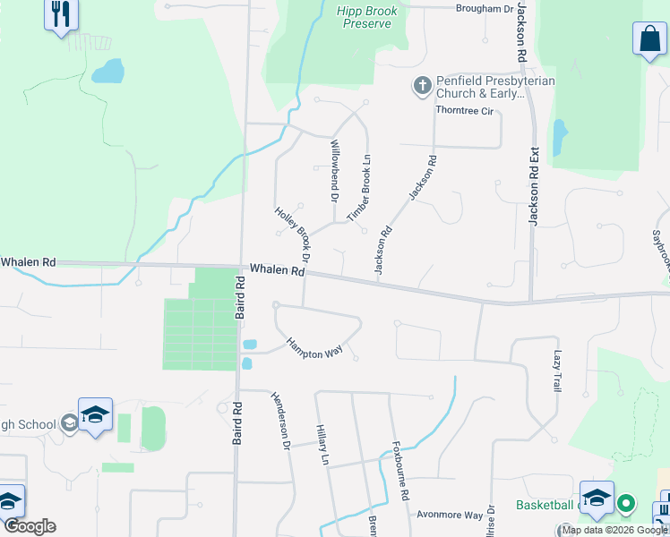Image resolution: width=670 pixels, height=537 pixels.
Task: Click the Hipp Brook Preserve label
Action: click(365, 17)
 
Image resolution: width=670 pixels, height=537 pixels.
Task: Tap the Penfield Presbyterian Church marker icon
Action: click(422, 87)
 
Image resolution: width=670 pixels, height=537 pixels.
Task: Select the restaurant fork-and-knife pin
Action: click(61, 14)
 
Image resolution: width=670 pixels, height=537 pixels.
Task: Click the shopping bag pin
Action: click(649, 40)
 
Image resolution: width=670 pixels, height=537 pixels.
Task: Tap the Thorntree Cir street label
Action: click(464, 111)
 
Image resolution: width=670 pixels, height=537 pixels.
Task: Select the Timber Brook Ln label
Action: click(359, 189)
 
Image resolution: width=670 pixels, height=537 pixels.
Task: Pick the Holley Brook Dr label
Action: click(292, 233)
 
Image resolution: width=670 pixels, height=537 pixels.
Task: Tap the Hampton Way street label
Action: click(314, 346)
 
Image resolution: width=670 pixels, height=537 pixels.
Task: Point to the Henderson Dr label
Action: click(280, 421)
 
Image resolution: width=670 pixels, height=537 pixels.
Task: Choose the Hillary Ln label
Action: click(322, 445)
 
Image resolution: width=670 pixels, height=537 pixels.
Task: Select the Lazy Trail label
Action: click(556, 371)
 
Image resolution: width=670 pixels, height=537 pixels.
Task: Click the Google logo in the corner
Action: click(30, 527)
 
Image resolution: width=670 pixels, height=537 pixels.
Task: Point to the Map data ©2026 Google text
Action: click(615, 531)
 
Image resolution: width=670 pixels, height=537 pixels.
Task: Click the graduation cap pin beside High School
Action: click(95, 414)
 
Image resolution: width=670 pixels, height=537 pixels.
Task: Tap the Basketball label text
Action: click(545, 506)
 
